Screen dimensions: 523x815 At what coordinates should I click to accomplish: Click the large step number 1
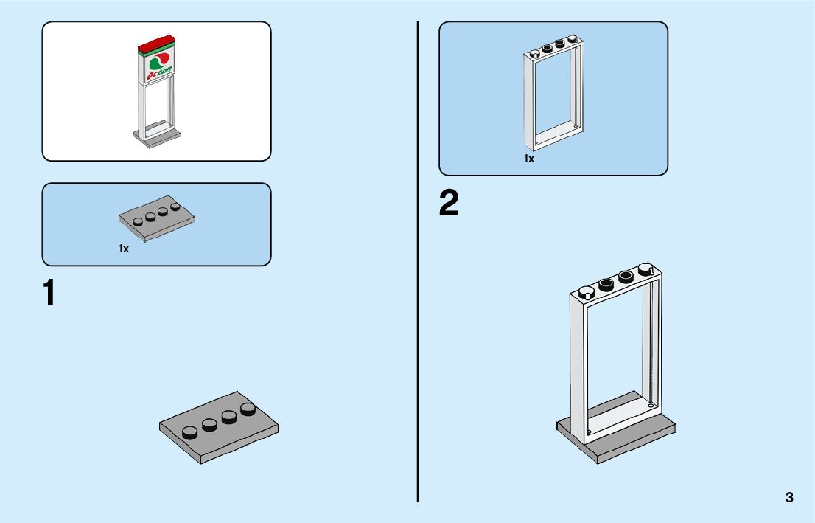click(x=49, y=293)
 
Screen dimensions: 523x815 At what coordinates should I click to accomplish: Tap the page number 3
click(x=789, y=497)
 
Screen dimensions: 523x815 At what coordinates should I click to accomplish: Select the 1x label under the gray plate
click(x=124, y=249)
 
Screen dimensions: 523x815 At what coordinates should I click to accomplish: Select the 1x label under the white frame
click(x=529, y=159)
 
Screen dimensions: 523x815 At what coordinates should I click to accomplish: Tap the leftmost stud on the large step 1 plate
click(x=191, y=432)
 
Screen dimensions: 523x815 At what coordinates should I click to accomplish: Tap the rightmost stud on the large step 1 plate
click(x=248, y=407)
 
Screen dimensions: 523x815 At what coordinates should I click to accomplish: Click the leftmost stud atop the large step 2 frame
click(x=587, y=291)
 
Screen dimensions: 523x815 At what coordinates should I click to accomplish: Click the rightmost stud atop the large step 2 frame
click(x=646, y=269)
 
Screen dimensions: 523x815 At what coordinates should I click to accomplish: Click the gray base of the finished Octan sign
click(x=155, y=137)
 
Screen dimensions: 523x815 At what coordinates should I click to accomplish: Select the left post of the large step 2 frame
click(x=579, y=369)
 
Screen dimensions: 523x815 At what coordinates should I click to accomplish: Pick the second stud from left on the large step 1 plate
click(x=210, y=423)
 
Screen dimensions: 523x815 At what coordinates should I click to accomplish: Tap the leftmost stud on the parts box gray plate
click(x=138, y=220)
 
